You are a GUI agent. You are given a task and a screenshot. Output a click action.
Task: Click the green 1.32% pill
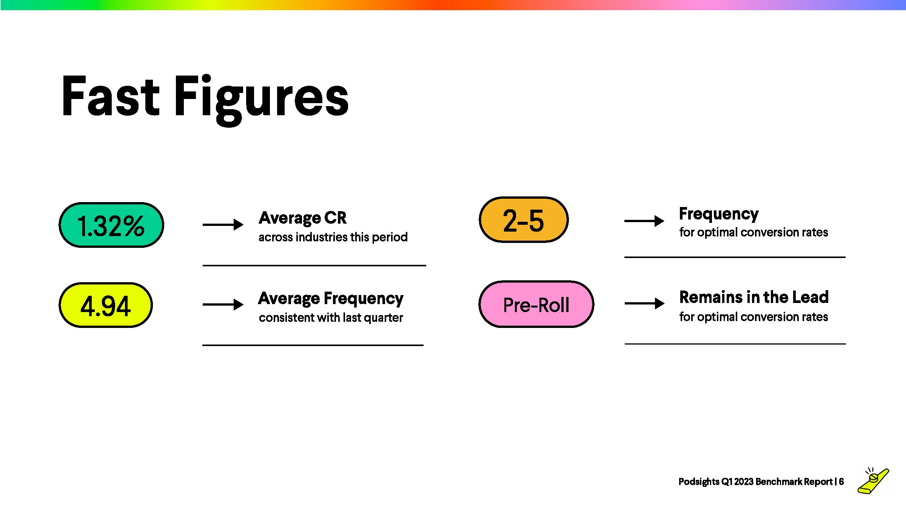pyautogui.click(x=111, y=225)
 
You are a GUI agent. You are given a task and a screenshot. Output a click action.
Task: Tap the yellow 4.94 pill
pyautogui.click(x=106, y=305)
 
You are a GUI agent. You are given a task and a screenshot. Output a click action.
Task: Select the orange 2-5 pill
pyautogui.click(x=524, y=219)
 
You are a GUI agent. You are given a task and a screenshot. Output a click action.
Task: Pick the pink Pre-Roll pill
pyautogui.click(x=536, y=304)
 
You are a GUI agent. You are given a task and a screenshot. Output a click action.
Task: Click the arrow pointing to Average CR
pyautogui.click(x=223, y=225)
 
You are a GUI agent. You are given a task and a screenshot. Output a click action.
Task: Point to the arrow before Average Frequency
pyautogui.click(x=223, y=304)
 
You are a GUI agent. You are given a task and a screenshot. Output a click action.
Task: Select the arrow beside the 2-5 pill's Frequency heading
pyautogui.click(x=644, y=221)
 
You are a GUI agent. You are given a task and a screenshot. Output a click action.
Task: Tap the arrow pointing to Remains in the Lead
pyautogui.click(x=645, y=303)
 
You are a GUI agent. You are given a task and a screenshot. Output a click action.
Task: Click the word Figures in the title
pyautogui.click(x=261, y=100)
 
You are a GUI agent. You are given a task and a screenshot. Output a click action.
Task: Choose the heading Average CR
pyautogui.click(x=303, y=218)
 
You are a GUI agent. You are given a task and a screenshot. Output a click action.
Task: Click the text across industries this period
pyautogui.click(x=333, y=237)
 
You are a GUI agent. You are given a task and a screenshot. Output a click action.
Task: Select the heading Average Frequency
pyautogui.click(x=331, y=298)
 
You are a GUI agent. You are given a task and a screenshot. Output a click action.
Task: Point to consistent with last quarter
pyautogui.click(x=331, y=318)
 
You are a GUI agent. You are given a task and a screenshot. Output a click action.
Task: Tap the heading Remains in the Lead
pyautogui.click(x=754, y=297)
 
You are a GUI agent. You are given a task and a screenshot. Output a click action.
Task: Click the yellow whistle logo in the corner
pyautogui.click(x=874, y=481)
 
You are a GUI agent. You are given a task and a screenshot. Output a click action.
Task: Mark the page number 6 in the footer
pyautogui.click(x=841, y=482)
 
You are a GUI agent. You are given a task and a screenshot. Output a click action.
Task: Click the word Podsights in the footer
pyautogui.click(x=699, y=482)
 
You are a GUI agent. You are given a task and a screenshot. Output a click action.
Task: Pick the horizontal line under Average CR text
pyautogui.click(x=314, y=266)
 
